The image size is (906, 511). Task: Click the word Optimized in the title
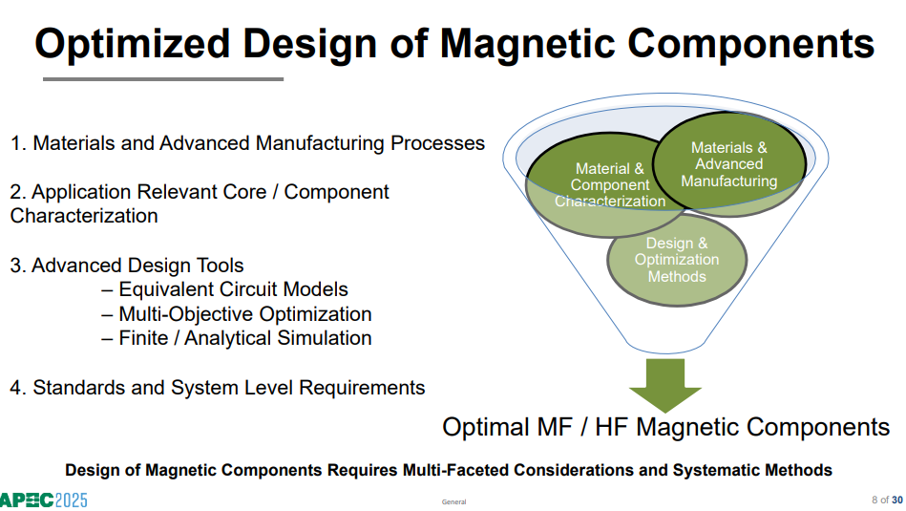coord(133,45)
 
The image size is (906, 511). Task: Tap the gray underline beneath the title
coord(163,79)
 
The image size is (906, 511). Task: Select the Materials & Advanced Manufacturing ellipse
coord(729,164)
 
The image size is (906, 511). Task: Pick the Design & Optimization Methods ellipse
coord(677,260)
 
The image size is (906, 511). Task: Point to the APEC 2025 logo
coord(43,500)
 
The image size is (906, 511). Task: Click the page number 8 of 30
coord(887,500)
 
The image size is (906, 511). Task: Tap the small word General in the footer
coord(453,501)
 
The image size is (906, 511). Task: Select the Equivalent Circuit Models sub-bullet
coord(224,289)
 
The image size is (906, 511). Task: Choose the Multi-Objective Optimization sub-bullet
coord(237,314)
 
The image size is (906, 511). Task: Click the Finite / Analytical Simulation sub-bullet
coord(237,338)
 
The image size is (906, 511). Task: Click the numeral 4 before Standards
coord(16,388)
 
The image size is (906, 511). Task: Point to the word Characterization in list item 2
coord(84,216)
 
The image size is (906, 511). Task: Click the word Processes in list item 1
coord(437,143)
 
